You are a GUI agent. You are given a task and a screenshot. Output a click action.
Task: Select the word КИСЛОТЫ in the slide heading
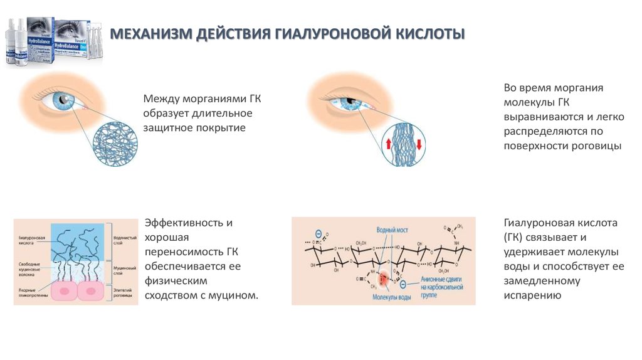point(431,33)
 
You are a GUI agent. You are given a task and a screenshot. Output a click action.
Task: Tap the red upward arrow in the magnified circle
point(389,144)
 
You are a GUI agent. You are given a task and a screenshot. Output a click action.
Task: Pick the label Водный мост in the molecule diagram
point(392,230)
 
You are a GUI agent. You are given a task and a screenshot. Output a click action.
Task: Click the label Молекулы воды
point(392,297)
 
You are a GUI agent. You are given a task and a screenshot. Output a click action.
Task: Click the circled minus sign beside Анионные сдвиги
point(403,283)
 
